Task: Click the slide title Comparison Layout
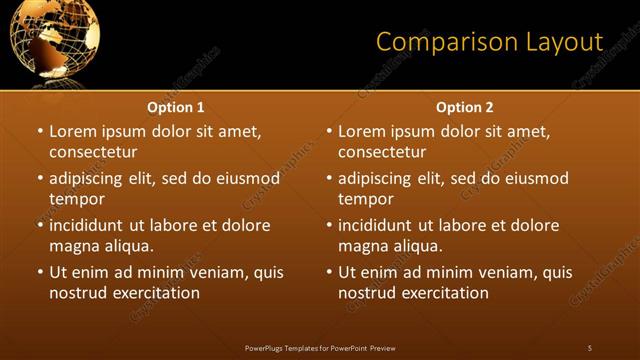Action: pyautogui.click(x=489, y=42)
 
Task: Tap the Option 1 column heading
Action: pyautogui.click(x=176, y=107)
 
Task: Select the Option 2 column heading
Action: pyautogui.click(x=465, y=107)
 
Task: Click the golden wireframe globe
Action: pyautogui.click(x=50, y=41)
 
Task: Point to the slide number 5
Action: pyautogui.click(x=589, y=347)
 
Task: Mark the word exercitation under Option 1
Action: pyautogui.click(x=155, y=293)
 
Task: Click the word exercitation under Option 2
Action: pyautogui.click(x=444, y=293)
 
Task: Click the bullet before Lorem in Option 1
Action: pyautogui.click(x=40, y=131)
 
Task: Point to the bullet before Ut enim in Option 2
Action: pyautogui.click(x=329, y=272)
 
